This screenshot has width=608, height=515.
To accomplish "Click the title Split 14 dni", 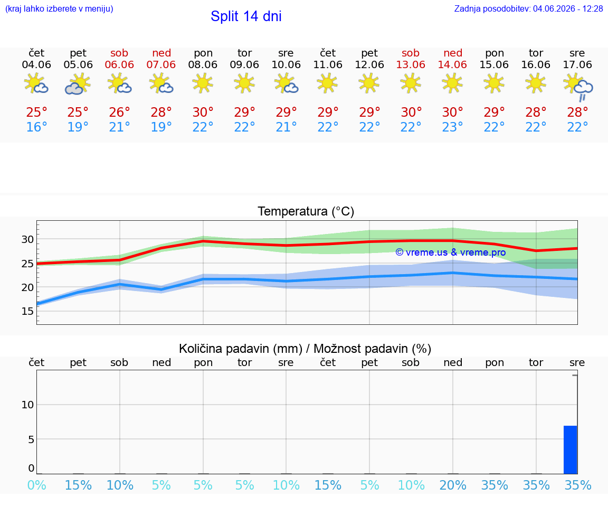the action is pos(246,16).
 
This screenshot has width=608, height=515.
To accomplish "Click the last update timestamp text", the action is pos(528,8).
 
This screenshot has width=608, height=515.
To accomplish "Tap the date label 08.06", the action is pos(203,64).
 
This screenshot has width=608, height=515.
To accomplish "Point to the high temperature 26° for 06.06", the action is pos(119,112).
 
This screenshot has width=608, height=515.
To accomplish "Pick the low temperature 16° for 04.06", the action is pos(36,127).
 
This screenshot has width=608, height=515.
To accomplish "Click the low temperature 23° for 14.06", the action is pos(452,127).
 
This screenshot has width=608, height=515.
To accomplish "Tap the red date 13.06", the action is pos(411,64).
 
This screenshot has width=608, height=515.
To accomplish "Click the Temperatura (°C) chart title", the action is pos(306,211).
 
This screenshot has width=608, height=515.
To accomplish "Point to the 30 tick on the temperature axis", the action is pos(27,239).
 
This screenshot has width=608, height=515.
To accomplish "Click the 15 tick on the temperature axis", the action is pos(27,311).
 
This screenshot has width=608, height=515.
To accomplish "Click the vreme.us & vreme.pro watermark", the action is pos(451,252).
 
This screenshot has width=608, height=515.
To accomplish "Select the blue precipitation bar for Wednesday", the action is pos(571,450).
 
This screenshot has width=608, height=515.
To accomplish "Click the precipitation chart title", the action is pos(305,349).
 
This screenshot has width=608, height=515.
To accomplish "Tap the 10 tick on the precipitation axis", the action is pos(27,405).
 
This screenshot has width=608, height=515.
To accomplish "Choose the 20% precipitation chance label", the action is pos(452,485).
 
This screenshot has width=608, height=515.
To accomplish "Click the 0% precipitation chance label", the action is pos(37,485).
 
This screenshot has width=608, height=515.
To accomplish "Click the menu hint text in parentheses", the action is pos(59,8).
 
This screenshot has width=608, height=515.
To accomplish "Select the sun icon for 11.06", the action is pos(327,83).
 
